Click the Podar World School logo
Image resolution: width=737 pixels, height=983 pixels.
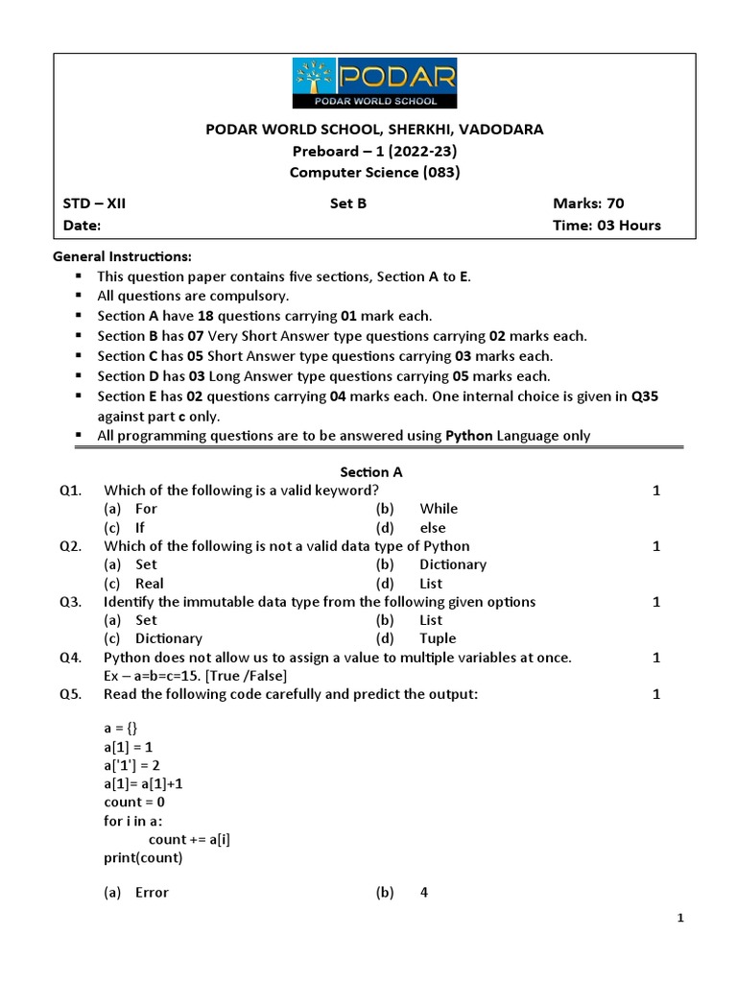tap(374, 83)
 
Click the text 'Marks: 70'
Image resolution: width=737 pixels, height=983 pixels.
tap(588, 204)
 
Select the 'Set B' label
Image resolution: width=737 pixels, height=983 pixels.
tap(347, 204)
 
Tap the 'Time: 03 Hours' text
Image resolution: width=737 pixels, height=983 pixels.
tap(606, 226)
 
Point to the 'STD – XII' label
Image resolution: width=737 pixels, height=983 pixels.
tap(94, 204)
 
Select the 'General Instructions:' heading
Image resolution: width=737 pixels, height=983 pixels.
tap(122, 256)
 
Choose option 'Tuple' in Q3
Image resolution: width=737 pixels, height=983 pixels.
tap(438, 638)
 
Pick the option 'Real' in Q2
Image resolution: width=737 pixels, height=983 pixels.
tap(150, 583)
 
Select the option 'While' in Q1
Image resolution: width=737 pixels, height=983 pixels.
tap(439, 509)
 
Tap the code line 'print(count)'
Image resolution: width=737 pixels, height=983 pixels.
tap(143, 857)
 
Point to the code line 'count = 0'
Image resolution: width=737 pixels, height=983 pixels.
tap(134, 802)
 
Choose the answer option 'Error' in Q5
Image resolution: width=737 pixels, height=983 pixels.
tap(152, 893)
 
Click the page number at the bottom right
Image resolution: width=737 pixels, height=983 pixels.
tap(680, 919)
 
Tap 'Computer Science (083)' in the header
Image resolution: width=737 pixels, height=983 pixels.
tap(374, 173)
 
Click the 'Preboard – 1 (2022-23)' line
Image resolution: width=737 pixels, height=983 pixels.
tap(374, 151)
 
